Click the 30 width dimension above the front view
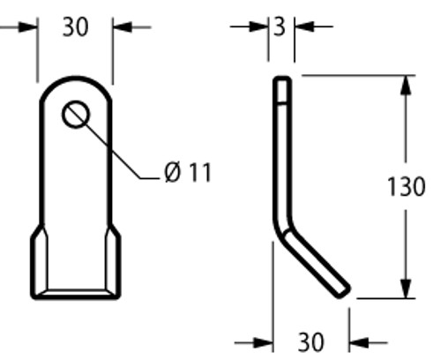(75, 27)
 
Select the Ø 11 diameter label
(188, 172)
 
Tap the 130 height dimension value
(407, 187)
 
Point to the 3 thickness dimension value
(280, 27)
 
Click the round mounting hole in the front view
(75, 115)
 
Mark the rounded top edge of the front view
(75, 78)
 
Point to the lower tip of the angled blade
(343, 290)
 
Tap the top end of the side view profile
(280, 80)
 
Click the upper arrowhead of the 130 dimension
(405, 85)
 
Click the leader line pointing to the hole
(115, 150)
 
